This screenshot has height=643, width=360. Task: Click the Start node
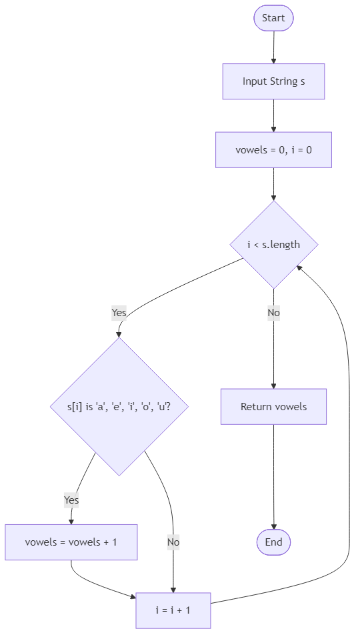273,18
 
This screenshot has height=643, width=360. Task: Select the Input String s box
273,82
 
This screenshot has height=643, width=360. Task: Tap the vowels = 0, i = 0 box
273,149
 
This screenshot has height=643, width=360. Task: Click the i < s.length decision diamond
273,244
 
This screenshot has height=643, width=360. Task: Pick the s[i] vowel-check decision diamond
119,406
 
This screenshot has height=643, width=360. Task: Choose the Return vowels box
273,406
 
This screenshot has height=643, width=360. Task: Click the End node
273,542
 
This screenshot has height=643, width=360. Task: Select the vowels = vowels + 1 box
71,542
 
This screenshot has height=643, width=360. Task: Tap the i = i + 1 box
173,610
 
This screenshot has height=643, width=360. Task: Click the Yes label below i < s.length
119,312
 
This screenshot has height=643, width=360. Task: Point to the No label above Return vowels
273,312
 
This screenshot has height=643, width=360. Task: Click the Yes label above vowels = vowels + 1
71,500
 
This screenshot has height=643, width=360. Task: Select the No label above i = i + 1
173,542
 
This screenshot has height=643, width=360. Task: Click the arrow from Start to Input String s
273,47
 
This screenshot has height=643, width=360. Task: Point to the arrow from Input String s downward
273,115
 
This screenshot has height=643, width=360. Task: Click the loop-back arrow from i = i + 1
349,434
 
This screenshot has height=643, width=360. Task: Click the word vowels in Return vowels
291,406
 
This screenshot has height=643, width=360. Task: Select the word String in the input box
283,82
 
